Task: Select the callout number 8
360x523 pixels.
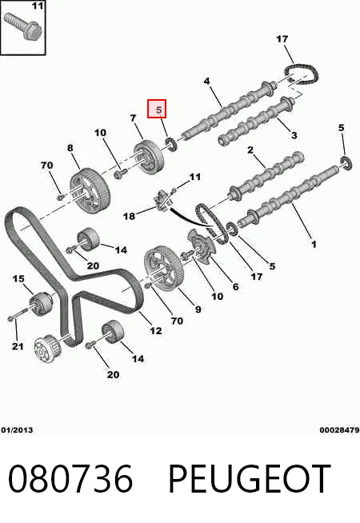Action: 70,148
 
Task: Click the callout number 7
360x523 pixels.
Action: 133,118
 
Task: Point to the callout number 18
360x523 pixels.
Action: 129,216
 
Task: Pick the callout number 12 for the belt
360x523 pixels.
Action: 156,330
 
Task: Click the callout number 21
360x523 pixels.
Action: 18,346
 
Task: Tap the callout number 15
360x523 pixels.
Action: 18,278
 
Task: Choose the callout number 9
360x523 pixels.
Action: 198,309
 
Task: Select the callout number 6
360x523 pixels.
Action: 235,286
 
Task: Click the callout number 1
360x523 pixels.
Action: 314,245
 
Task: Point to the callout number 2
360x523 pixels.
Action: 250,150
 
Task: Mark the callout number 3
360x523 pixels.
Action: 294,135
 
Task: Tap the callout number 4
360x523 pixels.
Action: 207,81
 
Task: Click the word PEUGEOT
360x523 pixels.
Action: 250,479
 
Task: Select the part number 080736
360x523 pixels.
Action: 70,479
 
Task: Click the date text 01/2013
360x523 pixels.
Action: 17,430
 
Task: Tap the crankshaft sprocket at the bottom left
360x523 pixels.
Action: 47,349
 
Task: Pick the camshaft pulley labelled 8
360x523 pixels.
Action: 87,190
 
